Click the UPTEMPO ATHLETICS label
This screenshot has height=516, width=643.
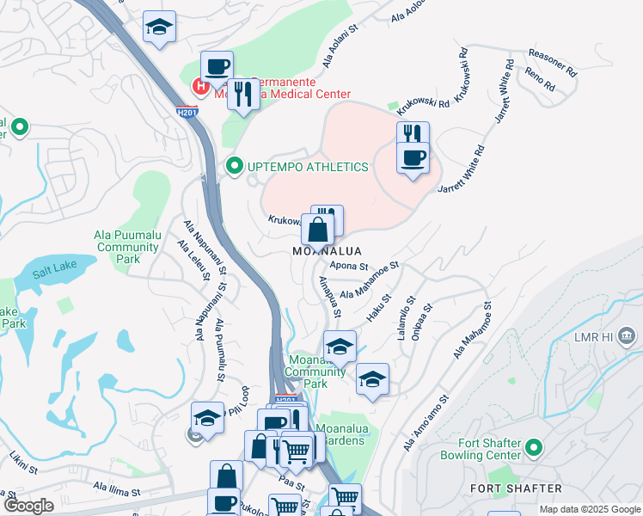[308, 167]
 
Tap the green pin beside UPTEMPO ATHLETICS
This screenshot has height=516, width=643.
[233, 166]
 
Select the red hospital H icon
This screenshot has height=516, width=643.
[201, 86]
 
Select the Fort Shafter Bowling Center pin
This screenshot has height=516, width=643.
[533, 448]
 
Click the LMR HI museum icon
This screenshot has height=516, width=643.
[626, 335]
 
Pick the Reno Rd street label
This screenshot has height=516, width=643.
[539, 82]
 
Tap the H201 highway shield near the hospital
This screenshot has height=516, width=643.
[185, 112]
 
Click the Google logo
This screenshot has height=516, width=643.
[29, 506]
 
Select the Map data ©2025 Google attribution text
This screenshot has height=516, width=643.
[590, 510]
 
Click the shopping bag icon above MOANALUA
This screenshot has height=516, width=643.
[317, 230]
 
